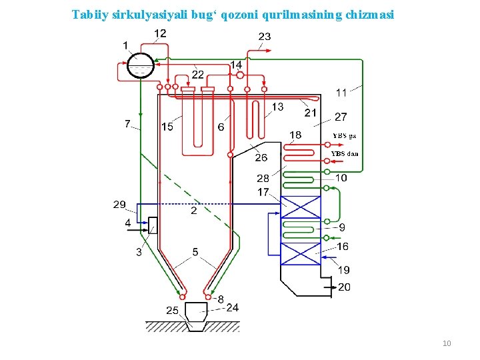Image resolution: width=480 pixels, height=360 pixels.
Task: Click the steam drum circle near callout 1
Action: click(x=140, y=65)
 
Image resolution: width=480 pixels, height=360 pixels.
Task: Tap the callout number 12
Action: click(x=161, y=33)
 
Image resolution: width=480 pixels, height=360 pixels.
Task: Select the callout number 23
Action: click(x=265, y=36)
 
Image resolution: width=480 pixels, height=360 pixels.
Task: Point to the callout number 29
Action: click(x=119, y=203)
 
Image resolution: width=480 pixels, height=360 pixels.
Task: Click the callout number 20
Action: click(x=344, y=287)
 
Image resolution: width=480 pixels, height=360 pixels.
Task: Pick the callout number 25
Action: click(x=172, y=311)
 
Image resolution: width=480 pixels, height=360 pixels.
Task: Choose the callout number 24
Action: click(x=232, y=307)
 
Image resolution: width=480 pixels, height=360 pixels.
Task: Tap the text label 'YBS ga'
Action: click(x=344, y=136)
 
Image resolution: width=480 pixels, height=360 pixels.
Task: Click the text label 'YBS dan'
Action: click(x=345, y=154)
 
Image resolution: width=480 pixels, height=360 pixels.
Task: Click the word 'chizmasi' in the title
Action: click(x=370, y=13)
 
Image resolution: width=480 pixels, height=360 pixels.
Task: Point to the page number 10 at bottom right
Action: click(x=447, y=343)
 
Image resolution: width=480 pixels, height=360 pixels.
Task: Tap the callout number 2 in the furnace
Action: click(x=193, y=211)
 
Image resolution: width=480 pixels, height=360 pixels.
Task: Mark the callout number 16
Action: click(x=343, y=246)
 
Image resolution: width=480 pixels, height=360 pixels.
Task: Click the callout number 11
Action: click(x=341, y=92)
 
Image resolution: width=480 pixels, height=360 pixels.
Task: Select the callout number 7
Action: click(x=127, y=123)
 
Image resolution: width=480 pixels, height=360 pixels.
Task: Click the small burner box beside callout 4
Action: click(x=153, y=225)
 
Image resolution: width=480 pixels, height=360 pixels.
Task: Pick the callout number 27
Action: click(x=341, y=117)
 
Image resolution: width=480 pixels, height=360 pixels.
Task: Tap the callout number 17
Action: click(x=264, y=192)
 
